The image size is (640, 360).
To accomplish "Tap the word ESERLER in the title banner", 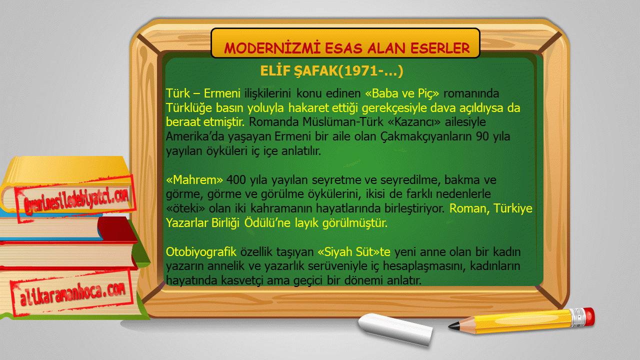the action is point(440,48).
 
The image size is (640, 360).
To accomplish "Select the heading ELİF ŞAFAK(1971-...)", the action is point(331,71).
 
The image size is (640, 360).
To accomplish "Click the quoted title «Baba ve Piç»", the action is point(402,93).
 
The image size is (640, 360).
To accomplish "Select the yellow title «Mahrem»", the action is point(194,180).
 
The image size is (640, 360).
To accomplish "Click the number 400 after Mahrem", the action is point(236,180).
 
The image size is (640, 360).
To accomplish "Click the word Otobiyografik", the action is point(201,252).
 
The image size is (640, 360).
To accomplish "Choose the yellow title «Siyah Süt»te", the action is point(354,252).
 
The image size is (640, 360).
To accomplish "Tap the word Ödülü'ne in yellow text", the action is point(267,223).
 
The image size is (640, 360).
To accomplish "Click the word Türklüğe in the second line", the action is point(189,108).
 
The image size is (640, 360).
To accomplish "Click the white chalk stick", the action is point(395,329).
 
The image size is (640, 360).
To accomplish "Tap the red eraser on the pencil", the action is point(589,316).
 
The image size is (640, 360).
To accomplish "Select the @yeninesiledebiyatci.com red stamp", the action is point(75,199).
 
